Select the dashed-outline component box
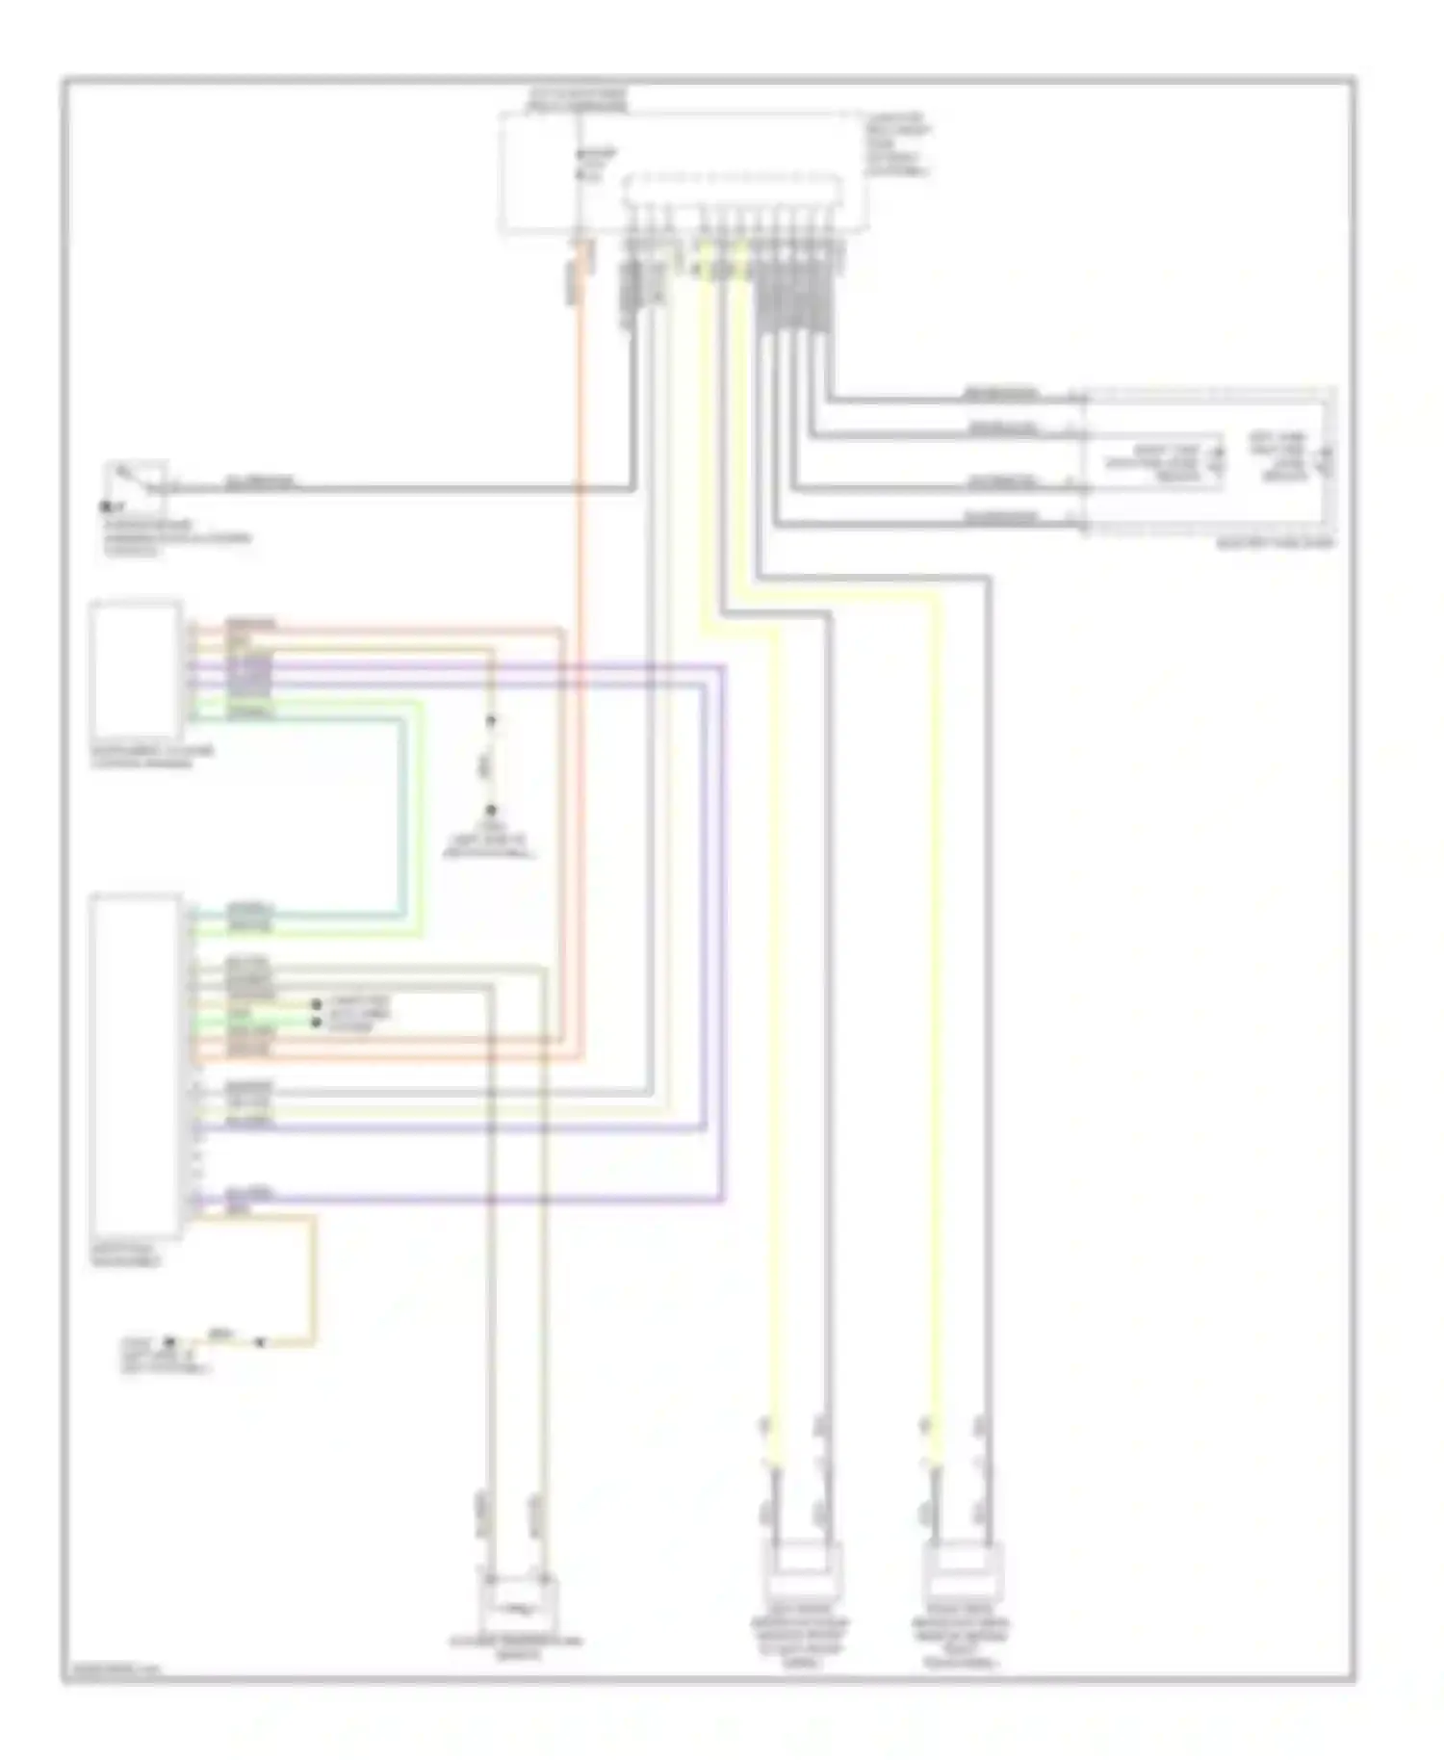point(1209,461)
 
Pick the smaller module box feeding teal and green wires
point(136,669)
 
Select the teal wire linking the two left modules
point(402,818)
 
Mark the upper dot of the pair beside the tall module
point(316,1004)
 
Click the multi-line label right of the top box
point(898,144)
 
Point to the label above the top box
point(578,98)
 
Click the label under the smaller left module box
point(152,757)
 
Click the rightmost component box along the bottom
point(962,1598)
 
